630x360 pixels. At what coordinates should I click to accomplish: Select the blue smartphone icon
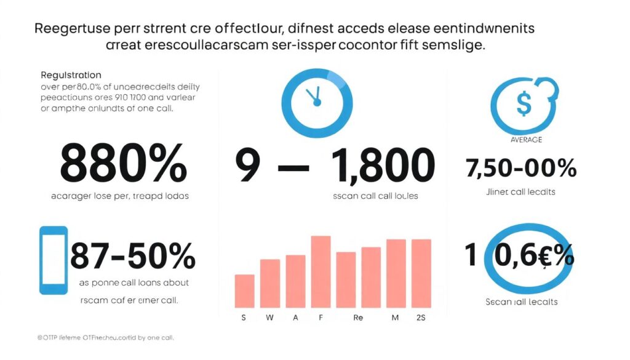pyautogui.click(x=54, y=260)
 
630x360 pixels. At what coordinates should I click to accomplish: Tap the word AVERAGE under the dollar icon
pyautogui.click(x=526, y=140)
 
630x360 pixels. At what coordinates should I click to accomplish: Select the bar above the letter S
pyautogui.click(x=245, y=290)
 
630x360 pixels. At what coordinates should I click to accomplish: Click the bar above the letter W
pyautogui.click(x=270, y=283)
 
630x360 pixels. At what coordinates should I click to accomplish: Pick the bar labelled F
pyautogui.click(x=321, y=271)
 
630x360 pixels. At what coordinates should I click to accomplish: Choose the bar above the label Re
pyautogui.click(x=346, y=279)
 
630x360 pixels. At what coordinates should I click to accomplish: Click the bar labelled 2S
pyautogui.click(x=421, y=273)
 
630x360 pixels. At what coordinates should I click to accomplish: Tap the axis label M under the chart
pyautogui.click(x=396, y=319)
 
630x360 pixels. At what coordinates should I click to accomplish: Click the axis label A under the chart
pyautogui.click(x=295, y=319)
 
